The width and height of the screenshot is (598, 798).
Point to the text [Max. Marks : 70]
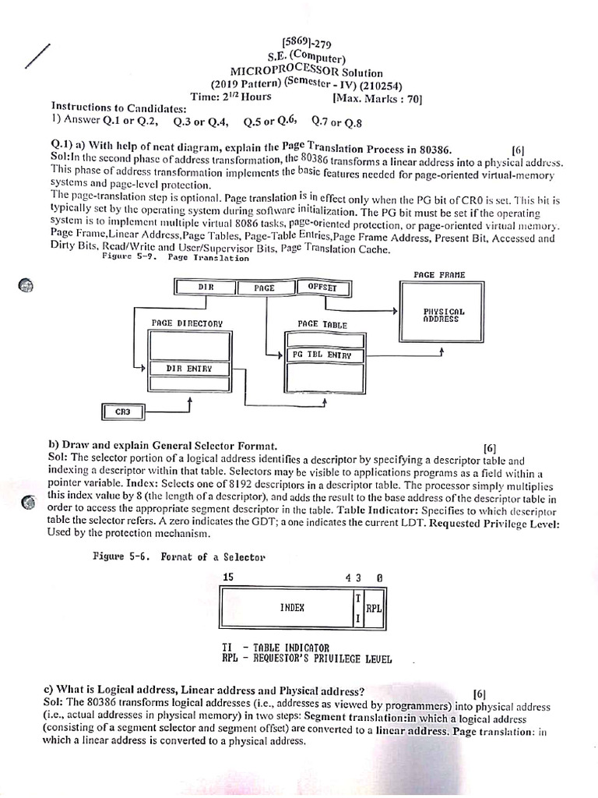point(377,99)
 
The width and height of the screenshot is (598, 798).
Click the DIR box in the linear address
point(206,288)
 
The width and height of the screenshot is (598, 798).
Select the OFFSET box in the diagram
point(322,288)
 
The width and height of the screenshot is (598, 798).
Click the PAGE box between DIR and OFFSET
point(265,288)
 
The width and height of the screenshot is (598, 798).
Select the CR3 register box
point(123,411)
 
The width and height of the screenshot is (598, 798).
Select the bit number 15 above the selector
point(227,577)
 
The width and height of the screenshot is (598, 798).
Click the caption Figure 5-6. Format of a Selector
point(167,557)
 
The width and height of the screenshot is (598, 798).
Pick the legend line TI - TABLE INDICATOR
point(276,648)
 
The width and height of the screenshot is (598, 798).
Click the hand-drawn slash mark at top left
point(37,58)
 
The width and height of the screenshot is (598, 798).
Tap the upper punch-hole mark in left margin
point(26,286)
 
